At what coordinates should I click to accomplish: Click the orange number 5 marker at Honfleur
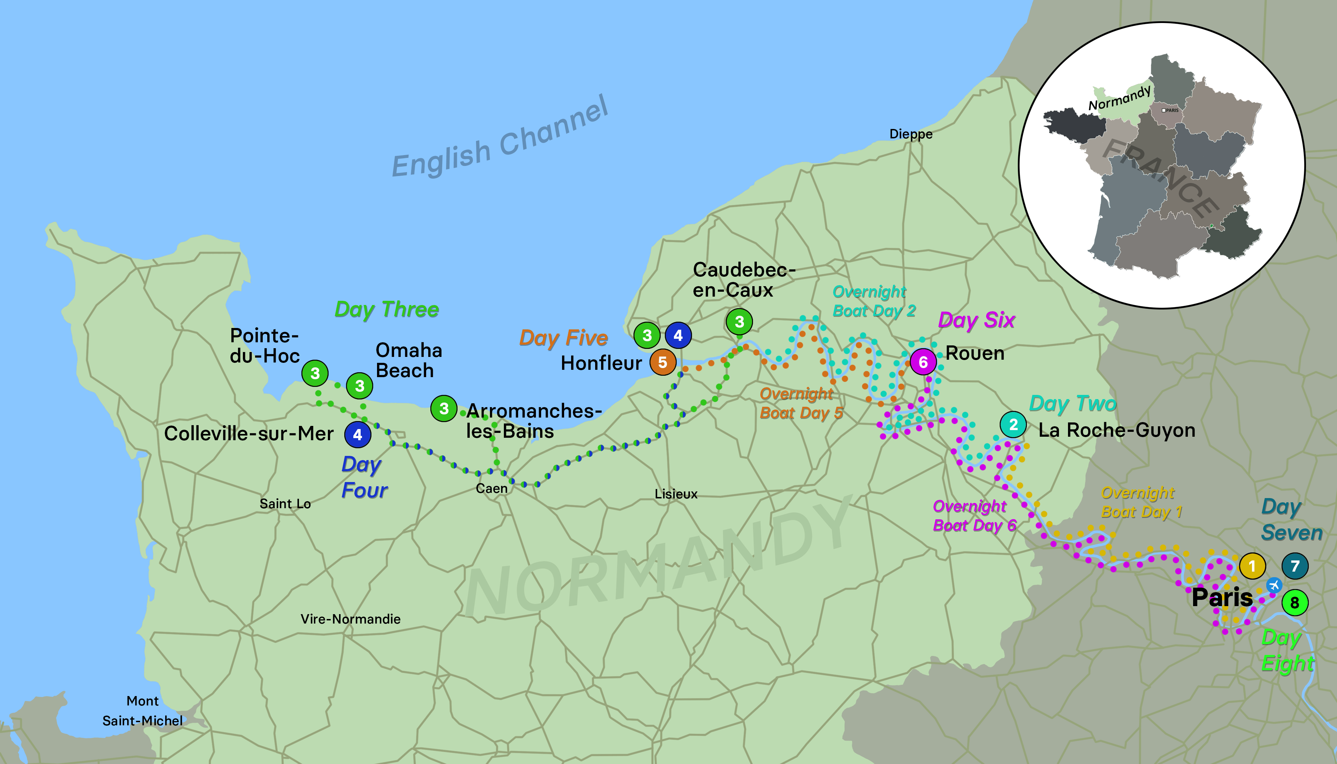click(x=662, y=362)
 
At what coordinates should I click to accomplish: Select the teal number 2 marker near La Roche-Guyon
click(x=1013, y=425)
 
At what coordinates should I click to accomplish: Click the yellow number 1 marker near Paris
click(x=1252, y=566)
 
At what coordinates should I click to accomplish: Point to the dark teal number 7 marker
click(x=1294, y=566)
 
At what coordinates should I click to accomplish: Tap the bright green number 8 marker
click(x=1294, y=602)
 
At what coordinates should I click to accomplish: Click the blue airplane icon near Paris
click(x=1274, y=585)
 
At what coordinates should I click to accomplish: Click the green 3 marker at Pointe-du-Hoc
click(x=315, y=373)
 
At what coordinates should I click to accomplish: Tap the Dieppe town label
click(x=910, y=134)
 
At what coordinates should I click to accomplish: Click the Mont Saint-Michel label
click(x=142, y=711)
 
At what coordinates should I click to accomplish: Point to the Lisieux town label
click(x=676, y=494)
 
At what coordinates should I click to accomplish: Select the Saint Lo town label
click(x=285, y=504)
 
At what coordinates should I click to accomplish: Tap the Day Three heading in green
click(x=386, y=310)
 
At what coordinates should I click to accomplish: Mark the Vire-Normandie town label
click(x=351, y=619)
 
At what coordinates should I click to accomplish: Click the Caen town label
click(x=491, y=489)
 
